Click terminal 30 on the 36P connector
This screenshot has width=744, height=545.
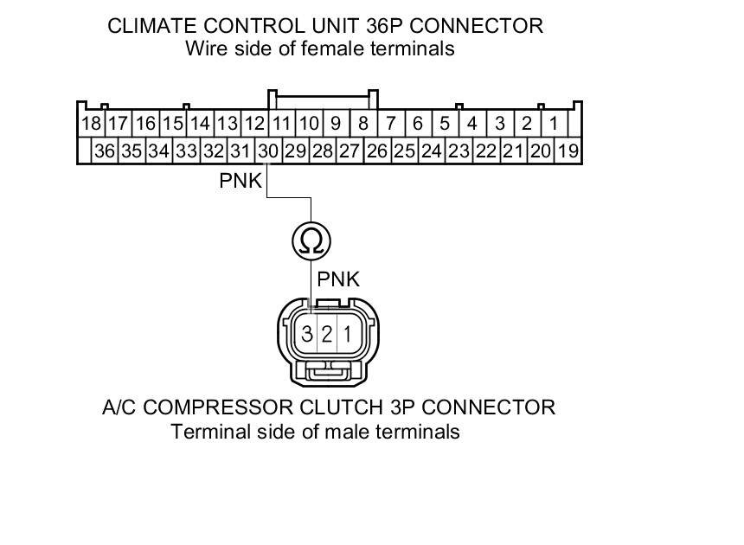click(x=268, y=151)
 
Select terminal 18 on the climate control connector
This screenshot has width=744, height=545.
click(x=91, y=124)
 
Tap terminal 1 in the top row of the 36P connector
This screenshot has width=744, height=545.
click(x=554, y=124)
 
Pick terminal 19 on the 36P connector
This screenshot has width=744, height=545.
click(x=568, y=151)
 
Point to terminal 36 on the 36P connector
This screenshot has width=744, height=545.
click(x=105, y=151)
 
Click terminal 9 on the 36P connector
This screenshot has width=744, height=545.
click(x=336, y=124)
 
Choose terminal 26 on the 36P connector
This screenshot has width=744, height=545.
click(x=377, y=151)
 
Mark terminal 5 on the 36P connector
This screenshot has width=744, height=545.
click(x=445, y=124)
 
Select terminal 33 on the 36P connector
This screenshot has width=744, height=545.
click(x=186, y=151)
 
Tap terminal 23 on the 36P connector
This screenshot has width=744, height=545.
click(x=459, y=151)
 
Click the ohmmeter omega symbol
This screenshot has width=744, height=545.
click(x=311, y=240)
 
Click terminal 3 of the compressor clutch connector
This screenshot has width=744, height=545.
click(x=307, y=334)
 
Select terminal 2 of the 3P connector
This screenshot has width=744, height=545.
click(x=326, y=334)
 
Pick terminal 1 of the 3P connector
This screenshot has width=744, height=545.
click(x=346, y=334)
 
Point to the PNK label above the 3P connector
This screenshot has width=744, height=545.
click(x=338, y=279)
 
